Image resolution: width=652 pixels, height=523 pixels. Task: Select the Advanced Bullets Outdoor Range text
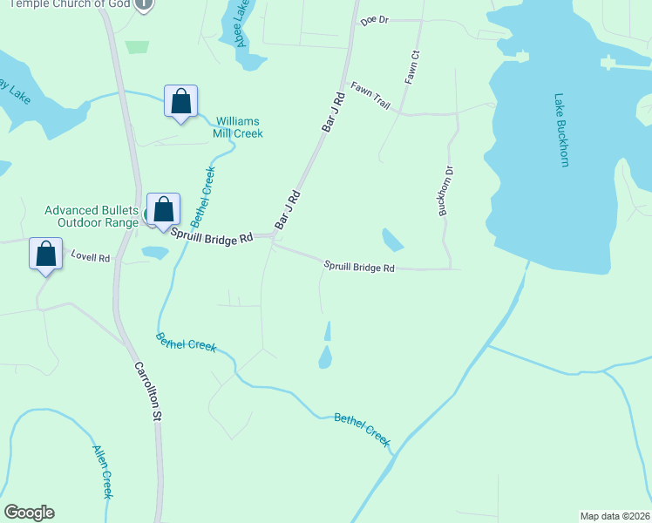coord(92,216)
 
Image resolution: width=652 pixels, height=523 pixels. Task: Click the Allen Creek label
coord(103,472)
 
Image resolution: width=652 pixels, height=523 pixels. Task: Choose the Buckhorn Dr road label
coord(446,191)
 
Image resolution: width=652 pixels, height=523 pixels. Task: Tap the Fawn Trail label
coord(370,95)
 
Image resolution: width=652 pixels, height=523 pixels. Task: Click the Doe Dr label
coord(372,18)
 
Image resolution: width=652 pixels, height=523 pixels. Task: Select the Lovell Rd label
coord(91,258)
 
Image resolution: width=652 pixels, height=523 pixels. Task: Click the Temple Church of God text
coord(70,4)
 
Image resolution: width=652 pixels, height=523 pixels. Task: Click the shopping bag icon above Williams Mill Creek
coord(180,102)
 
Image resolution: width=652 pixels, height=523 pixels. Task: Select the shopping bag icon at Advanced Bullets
coord(163,210)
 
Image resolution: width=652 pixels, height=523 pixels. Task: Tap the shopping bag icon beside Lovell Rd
coord(46,255)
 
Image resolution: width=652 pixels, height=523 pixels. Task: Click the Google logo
coord(29,513)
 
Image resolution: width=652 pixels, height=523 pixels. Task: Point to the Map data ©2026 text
coord(615,516)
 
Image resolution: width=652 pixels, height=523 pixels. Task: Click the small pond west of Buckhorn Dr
coord(392,239)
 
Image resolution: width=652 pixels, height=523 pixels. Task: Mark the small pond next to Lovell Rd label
coord(155,253)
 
